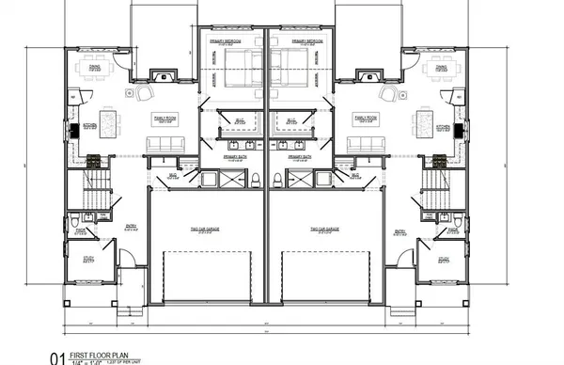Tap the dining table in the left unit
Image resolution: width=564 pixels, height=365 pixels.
(x=94, y=67)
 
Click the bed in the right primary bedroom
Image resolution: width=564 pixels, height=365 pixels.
(x=290, y=68)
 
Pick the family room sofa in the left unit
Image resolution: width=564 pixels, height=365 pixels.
(x=165, y=144)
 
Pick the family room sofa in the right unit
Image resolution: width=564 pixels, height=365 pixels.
(x=362, y=144)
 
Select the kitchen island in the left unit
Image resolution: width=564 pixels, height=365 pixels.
(x=111, y=121)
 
